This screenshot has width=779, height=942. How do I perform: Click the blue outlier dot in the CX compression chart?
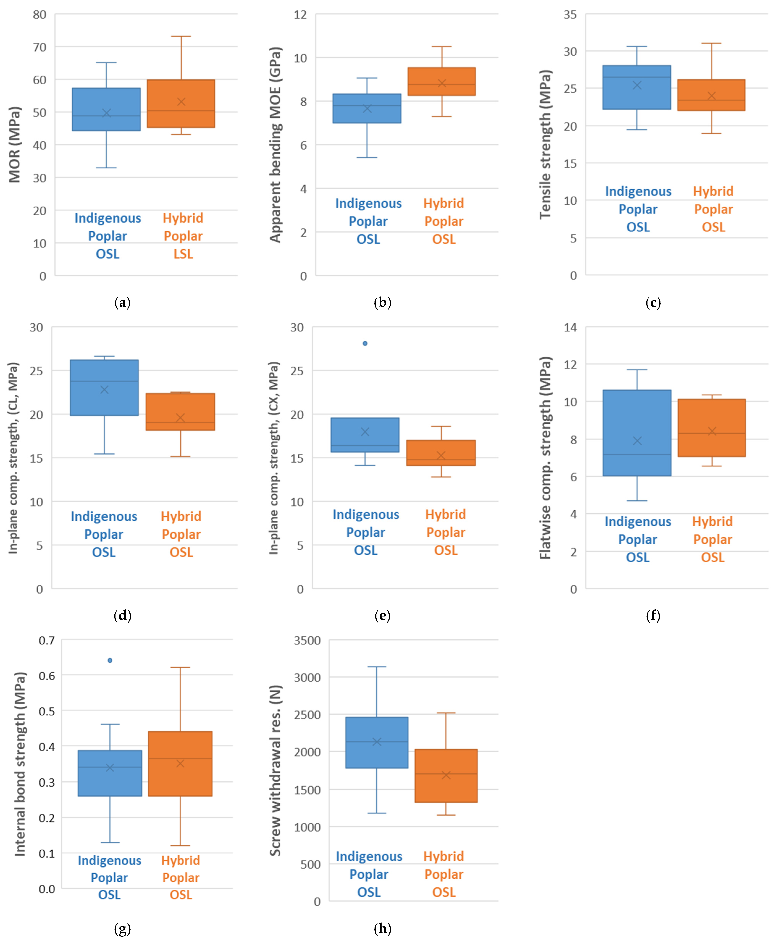tap(365, 344)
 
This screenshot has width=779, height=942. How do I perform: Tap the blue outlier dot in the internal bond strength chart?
tap(110, 660)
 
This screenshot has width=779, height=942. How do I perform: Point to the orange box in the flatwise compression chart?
tap(712, 428)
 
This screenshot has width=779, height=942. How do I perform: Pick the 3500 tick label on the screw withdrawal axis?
tap(307, 641)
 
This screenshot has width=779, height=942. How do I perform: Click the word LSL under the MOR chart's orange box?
tap(183, 254)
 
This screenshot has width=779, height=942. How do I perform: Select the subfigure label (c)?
tap(653, 303)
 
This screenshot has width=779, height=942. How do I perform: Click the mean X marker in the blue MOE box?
tap(367, 109)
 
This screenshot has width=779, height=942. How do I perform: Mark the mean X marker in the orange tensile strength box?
tap(712, 96)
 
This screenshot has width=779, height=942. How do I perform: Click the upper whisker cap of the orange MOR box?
tap(181, 36)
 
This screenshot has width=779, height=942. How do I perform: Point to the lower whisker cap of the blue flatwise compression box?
tap(637, 501)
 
